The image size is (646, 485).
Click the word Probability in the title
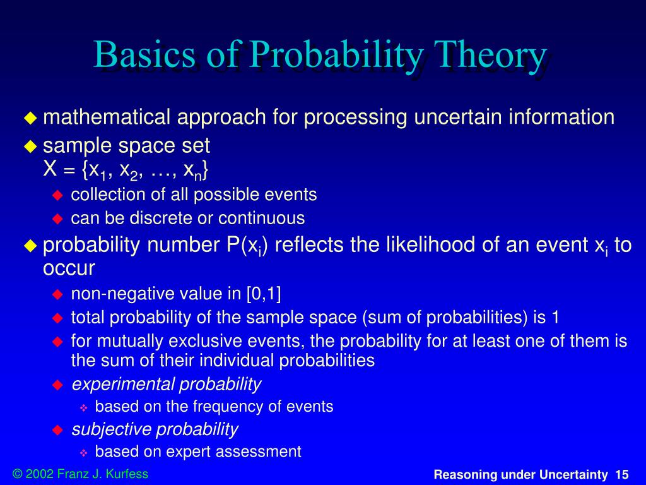click(336, 56)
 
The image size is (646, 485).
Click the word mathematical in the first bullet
click(107, 117)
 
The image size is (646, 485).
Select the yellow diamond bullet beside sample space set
click(30, 147)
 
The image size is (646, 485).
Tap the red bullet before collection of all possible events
click(57, 195)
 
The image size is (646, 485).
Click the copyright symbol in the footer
click(18, 474)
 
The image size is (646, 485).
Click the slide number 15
click(622, 475)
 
